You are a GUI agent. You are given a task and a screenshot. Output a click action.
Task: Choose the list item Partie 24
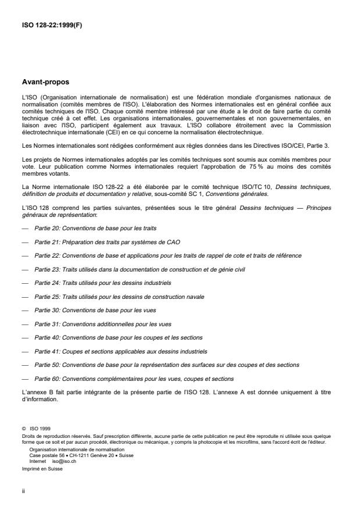(102, 283)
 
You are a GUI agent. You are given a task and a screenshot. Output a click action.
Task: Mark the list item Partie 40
(118, 337)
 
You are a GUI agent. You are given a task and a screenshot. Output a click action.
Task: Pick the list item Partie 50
(166, 365)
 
